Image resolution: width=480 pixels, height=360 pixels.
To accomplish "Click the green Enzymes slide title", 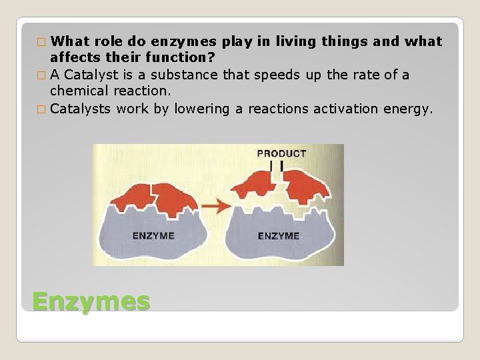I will (91, 301).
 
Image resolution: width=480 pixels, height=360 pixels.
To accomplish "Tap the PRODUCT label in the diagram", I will (281, 153).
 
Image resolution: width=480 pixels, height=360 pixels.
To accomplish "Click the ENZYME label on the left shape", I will (153, 235).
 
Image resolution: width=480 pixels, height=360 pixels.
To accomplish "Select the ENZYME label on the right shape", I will (278, 235).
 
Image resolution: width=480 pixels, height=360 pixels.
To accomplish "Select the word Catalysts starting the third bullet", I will (81, 109).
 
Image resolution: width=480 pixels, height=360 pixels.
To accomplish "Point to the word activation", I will (346, 109).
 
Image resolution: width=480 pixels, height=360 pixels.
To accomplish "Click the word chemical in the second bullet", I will (79, 91).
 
